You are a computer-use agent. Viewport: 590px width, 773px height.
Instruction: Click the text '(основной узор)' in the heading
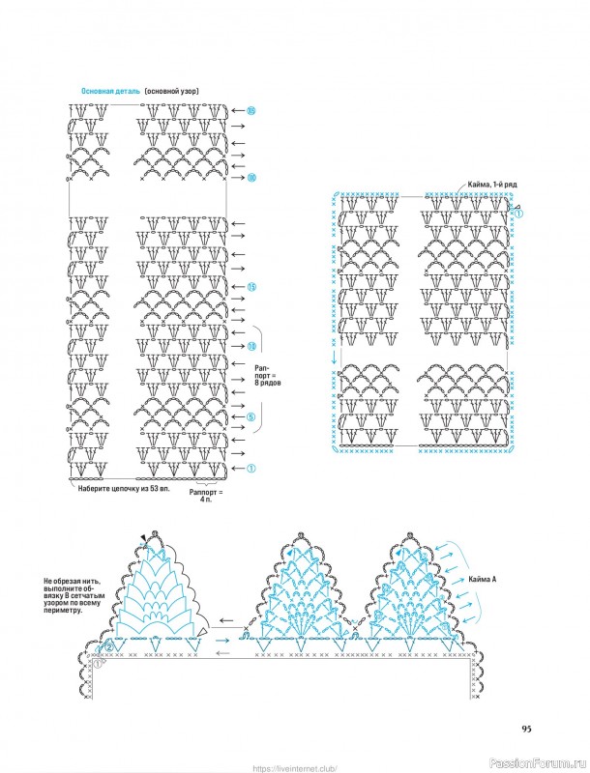click(172, 91)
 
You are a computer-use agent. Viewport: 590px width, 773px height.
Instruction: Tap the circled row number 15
click(251, 287)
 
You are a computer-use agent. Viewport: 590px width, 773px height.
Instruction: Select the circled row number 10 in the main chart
click(251, 346)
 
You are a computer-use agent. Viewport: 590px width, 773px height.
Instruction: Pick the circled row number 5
click(250, 418)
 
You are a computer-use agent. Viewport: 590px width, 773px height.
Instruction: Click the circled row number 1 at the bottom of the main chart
click(251, 469)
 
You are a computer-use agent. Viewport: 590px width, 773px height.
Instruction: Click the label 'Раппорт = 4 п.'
click(206, 496)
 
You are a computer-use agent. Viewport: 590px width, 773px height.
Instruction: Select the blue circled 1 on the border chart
click(517, 215)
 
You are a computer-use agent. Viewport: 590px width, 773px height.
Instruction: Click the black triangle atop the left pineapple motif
click(143, 537)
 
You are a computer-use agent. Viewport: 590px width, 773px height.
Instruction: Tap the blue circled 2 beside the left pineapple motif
click(109, 645)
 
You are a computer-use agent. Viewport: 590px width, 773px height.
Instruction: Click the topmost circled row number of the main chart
click(251, 110)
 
